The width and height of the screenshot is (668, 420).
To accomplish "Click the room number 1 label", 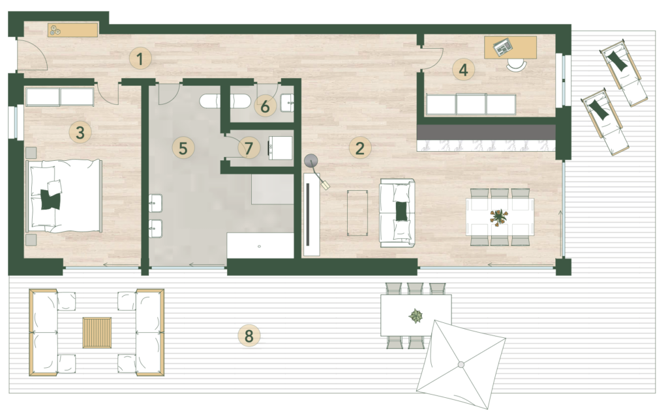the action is [140, 59].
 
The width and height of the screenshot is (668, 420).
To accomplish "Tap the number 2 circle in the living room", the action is [360, 148].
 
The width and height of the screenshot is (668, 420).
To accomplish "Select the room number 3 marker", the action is [80, 132].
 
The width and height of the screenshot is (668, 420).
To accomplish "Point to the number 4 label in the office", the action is [464, 69].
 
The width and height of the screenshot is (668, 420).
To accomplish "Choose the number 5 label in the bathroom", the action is [183, 148].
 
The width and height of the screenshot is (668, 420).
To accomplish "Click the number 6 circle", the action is [265, 106].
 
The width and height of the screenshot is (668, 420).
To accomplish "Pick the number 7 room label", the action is [249, 148].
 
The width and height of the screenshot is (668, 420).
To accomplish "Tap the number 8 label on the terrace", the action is [249, 336].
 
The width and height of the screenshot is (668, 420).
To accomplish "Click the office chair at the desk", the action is [517, 64].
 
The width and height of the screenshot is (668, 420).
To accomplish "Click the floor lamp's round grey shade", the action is [311, 161].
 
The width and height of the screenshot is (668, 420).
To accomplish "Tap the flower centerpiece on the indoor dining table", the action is [499, 217].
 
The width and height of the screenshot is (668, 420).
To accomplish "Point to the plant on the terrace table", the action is [416, 316].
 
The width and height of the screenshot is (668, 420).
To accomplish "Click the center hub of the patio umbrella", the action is [461, 364].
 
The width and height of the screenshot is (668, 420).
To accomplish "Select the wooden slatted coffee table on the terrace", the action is [97, 333].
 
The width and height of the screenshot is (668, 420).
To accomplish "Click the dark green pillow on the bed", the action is [50, 199].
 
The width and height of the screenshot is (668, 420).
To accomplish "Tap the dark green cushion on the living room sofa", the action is [401, 211].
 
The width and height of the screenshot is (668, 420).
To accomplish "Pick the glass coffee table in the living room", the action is [357, 213].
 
